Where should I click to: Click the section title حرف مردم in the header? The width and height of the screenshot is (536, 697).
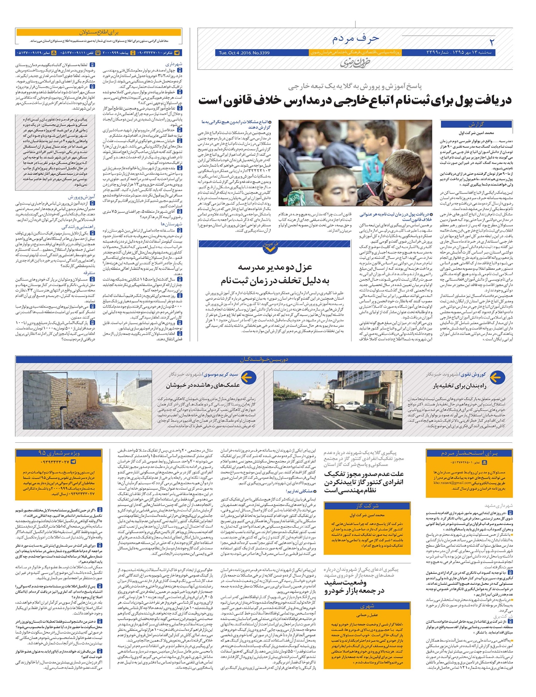tap(356, 38)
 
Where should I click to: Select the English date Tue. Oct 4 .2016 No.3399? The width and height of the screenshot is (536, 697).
tap(244, 53)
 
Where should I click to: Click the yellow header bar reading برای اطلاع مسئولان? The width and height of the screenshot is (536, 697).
tap(98, 33)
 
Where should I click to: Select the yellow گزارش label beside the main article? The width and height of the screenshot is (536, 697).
tap(477, 125)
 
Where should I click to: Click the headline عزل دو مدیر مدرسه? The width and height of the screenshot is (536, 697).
tap(276, 268)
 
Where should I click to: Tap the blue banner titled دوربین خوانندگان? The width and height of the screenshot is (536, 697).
tap(264, 360)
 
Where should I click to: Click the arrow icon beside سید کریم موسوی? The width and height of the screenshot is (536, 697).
tap(249, 378)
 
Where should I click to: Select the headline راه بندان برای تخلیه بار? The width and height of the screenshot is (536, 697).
tap(459, 385)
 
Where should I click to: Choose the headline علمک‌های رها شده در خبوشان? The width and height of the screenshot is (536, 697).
tap(203, 385)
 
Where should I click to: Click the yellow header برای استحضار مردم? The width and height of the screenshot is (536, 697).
tap(469, 453)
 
